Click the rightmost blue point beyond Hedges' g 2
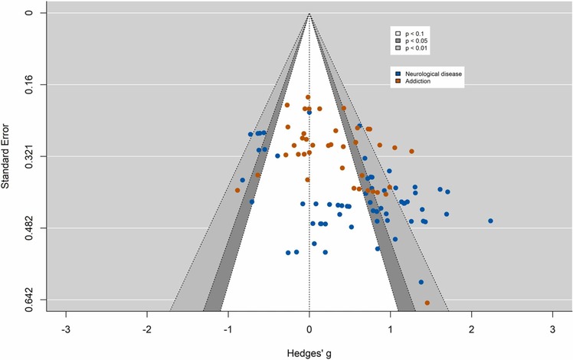[490, 221]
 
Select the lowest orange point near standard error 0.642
[427, 303]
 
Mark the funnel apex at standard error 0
[309, 13]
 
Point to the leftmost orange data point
[238, 190]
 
